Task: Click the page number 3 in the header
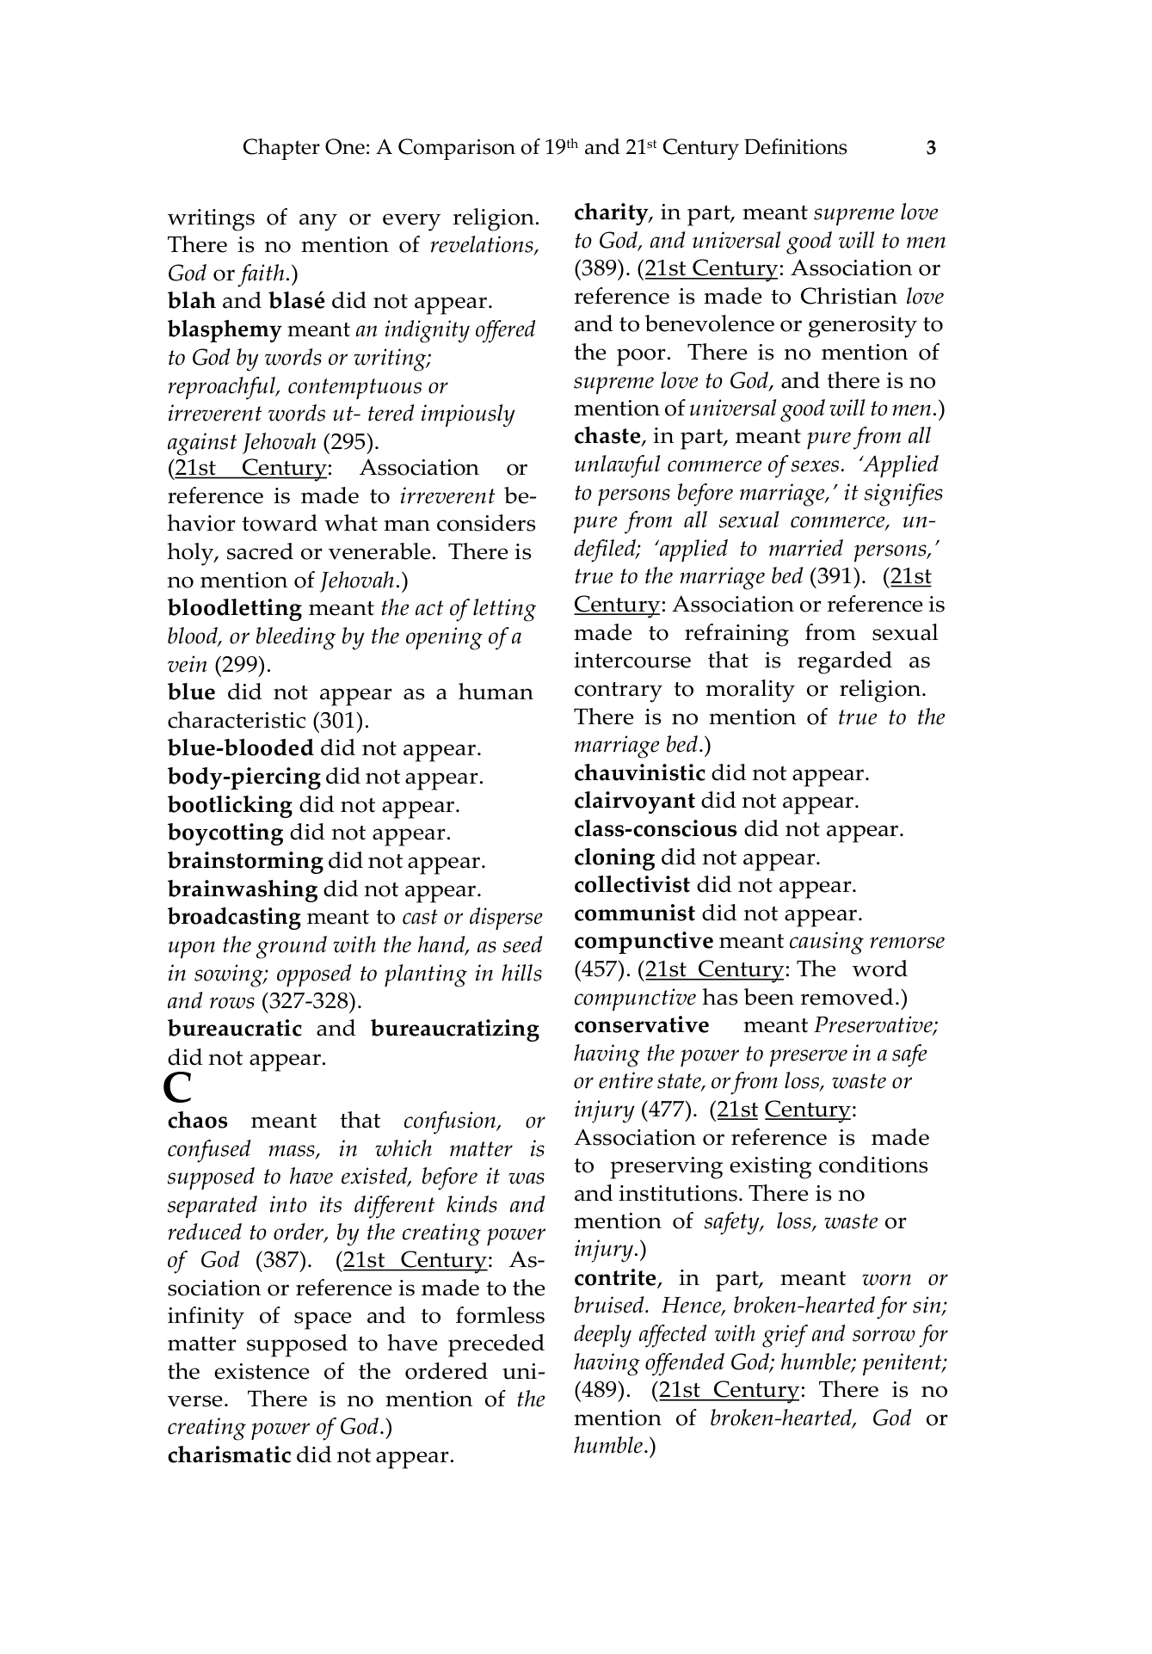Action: (x=931, y=148)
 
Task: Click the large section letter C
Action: (x=177, y=1088)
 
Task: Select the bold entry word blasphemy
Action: (x=225, y=330)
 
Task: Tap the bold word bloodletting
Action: (x=235, y=609)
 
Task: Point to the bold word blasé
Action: (x=297, y=302)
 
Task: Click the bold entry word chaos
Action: (x=198, y=1122)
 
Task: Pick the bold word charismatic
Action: (x=229, y=1455)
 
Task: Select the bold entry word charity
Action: (x=611, y=212)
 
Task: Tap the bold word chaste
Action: (x=607, y=437)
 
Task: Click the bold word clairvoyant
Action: (x=634, y=802)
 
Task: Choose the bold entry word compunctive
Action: (x=644, y=942)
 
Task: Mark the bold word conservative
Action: (x=642, y=1026)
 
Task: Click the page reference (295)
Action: (x=351, y=443)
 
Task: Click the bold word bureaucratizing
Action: (x=455, y=1030)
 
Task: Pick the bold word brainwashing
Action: (x=243, y=890)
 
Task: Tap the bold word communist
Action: (x=635, y=914)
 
